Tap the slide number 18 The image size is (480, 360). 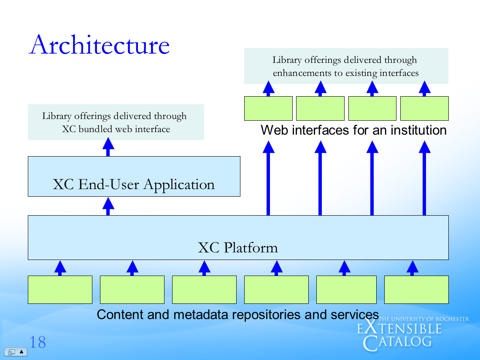pyautogui.click(x=37, y=342)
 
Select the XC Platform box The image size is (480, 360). pyautogui.click(x=238, y=237)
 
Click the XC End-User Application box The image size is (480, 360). pyautogui.click(x=134, y=176)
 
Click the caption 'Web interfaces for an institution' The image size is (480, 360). pyautogui.click(x=353, y=130)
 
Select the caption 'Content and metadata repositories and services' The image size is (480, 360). pyautogui.click(x=237, y=314)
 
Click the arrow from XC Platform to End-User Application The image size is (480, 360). pyautogui.click(x=108, y=206)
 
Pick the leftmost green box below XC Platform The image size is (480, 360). pyautogui.click(x=60, y=290)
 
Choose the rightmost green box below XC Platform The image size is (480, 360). pyautogui.click(x=416, y=290)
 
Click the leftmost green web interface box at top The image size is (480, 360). pyautogui.click(x=268, y=108)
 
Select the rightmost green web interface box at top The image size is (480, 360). pyautogui.click(x=424, y=108)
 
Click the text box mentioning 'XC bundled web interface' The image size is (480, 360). pyautogui.click(x=116, y=122)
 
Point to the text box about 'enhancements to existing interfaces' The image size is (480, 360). pyautogui.click(x=346, y=66)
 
